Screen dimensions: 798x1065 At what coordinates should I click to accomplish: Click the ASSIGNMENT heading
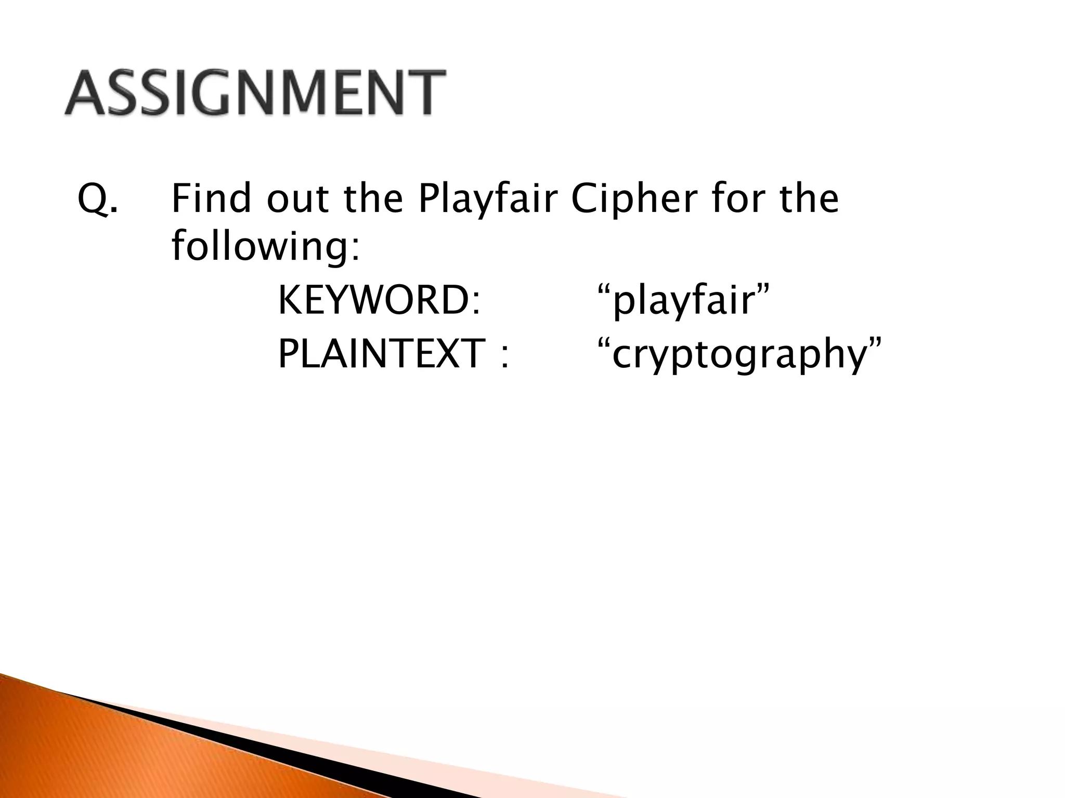coord(255,92)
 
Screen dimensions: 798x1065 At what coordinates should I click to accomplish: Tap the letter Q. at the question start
coord(97,199)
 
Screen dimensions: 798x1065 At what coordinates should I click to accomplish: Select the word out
coord(298,199)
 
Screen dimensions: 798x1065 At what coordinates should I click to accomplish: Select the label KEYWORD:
coord(379,300)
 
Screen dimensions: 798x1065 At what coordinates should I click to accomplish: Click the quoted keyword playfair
coord(683,301)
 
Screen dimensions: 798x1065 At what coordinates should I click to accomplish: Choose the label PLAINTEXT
coord(382,353)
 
